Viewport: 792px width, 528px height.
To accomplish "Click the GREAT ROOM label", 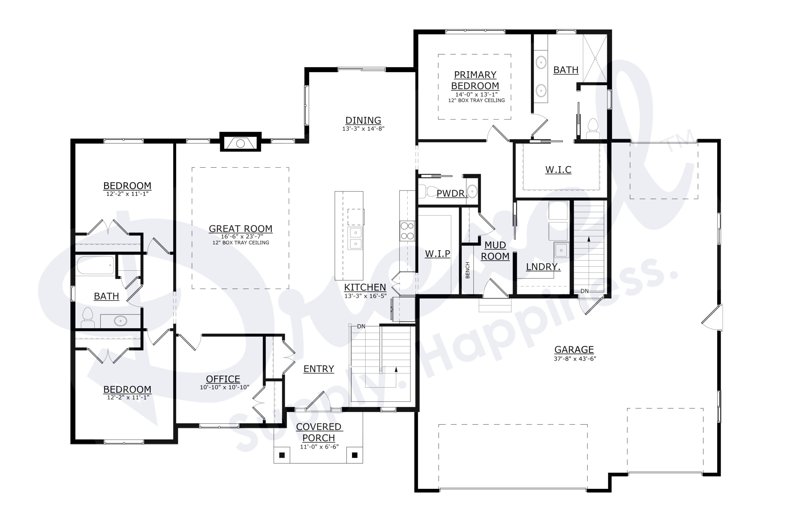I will click(x=240, y=229).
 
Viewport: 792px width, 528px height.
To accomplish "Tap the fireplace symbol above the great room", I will click(x=240, y=143).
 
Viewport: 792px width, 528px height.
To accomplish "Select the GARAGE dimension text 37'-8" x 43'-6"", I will click(x=575, y=359).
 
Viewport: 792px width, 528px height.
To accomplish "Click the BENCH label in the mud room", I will click(x=467, y=270).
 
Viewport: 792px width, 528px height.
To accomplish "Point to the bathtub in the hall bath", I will click(x=95, y=265).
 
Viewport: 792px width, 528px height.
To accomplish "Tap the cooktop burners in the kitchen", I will click(x=407, y=231).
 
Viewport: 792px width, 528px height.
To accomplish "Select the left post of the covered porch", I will click(x=282, y=455).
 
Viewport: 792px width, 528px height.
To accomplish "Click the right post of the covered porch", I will click(x=355, y=455).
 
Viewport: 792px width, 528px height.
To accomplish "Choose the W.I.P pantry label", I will click(x=437, y=254).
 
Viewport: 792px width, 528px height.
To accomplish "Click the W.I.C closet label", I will click(x=558, y=170).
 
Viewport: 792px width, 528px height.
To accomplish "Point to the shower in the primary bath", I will click(x=595, y=58).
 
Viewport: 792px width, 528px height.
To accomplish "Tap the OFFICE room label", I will click(x=223, y=379).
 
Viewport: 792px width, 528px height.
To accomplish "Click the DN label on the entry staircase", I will click(x=361, y=326).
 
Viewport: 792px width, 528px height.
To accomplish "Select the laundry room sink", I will click(x=561, y=250).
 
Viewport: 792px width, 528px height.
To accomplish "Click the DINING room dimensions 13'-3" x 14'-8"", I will click(x=363, y=129).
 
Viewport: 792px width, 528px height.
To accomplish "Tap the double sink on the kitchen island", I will click(x=355, y=238).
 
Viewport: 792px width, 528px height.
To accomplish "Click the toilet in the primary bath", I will click(x=592, y=128).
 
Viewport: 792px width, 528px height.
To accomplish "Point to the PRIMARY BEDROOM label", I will click(x=475, y=80).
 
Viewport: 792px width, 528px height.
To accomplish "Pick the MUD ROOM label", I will click(x=495, y=251).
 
